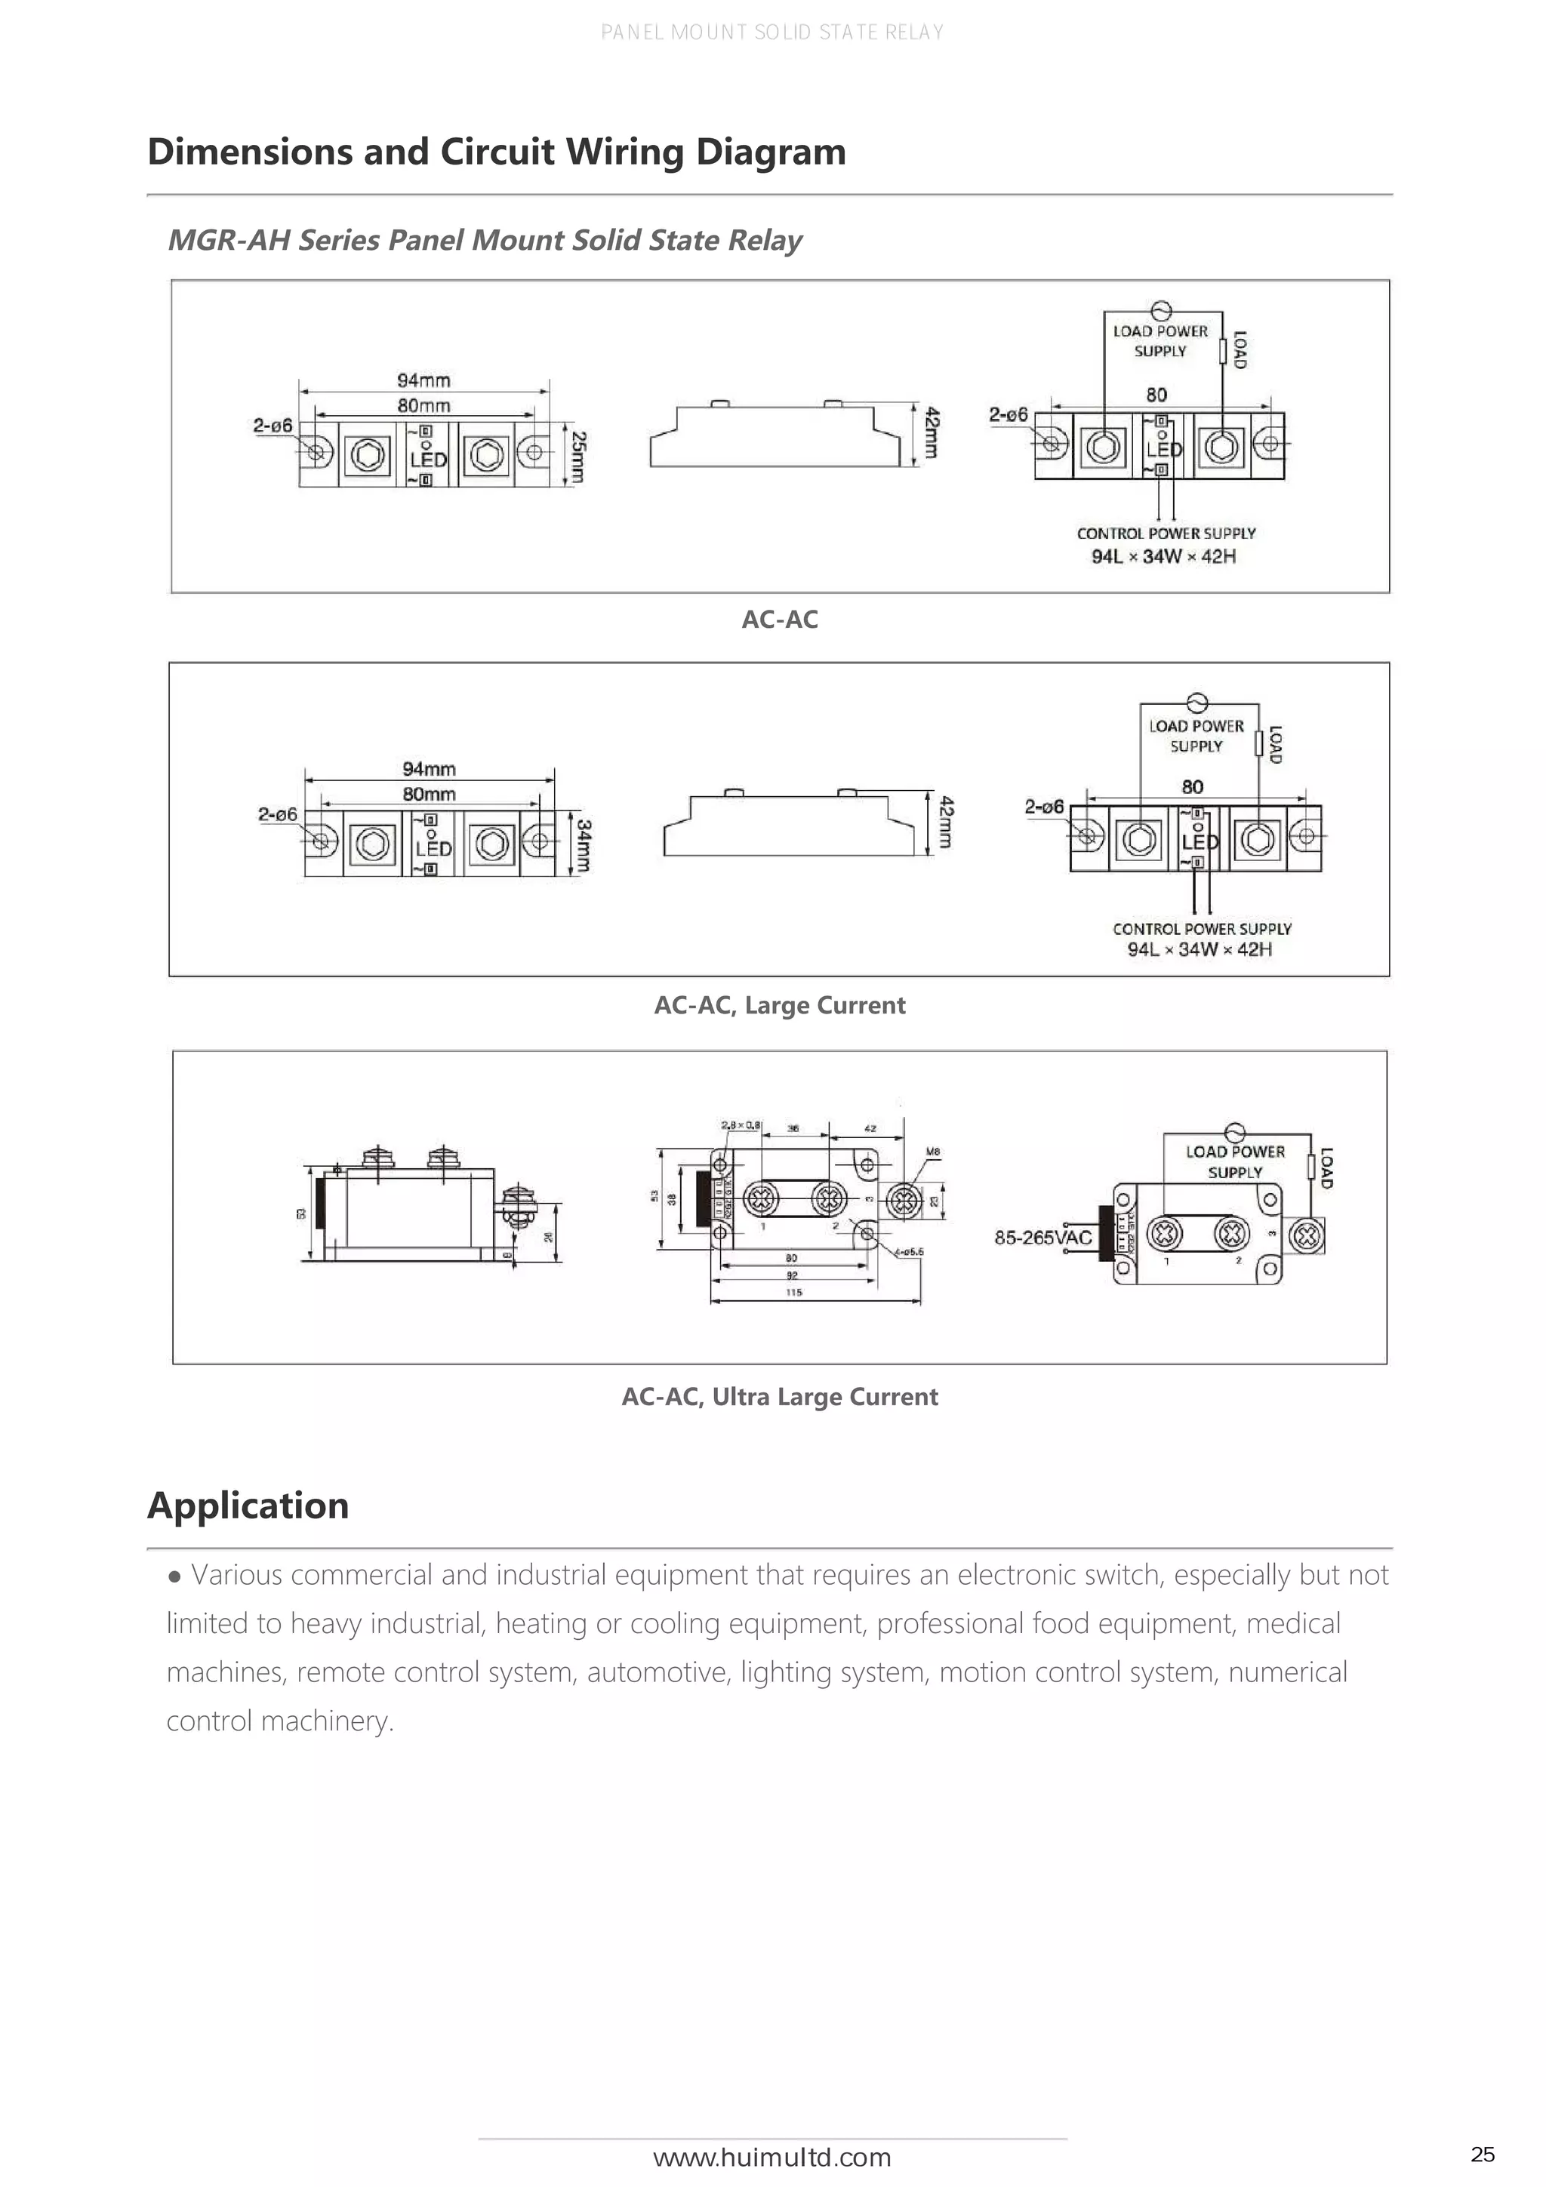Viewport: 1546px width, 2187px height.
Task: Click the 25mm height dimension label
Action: point(578,457)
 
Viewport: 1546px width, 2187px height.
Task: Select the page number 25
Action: point(1482,2155)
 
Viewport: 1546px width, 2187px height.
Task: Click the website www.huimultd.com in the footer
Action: point(771,2158)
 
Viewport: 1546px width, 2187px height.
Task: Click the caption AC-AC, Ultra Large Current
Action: point(779,1398)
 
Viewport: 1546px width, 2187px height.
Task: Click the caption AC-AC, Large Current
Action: point(779,1006)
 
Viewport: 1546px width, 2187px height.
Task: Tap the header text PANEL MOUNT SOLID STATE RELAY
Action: point(771,32)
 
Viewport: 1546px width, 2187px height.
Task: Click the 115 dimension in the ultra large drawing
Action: point(794,1293)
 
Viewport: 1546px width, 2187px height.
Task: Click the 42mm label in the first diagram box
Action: point(932,433)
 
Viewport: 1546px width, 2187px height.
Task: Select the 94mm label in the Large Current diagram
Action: point(429,769)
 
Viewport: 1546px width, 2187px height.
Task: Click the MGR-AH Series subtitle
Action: point(484,240)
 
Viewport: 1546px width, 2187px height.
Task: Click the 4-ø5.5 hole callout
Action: point(909,1252)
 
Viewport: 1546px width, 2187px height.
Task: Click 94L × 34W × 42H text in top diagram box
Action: point(1163,556)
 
